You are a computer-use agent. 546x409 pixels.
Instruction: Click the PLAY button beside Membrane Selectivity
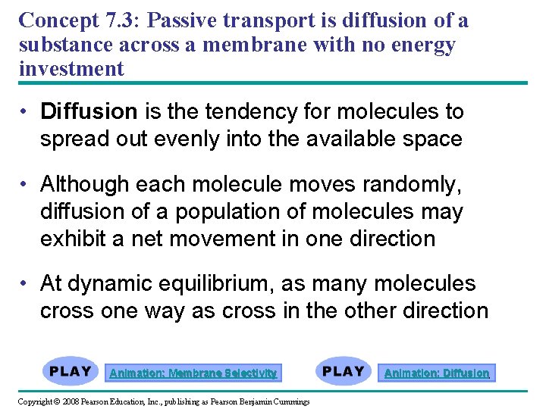(x=71, y=372)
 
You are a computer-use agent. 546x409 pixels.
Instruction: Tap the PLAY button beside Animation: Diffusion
(x=344, y=372)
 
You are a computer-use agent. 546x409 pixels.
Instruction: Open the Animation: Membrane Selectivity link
(x=193, y=373)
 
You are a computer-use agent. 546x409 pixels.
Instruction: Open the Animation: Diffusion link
(x=437, y=373)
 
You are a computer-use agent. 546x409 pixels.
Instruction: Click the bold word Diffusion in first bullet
(x=89, y=112)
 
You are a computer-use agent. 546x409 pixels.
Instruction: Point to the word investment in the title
(x=71, y=69)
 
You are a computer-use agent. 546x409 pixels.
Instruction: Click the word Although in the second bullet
(x=84, y=184)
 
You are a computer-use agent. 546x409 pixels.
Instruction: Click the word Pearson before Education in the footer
(x=99, y=401)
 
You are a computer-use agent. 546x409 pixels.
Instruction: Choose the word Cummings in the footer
(x=291, y=401)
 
